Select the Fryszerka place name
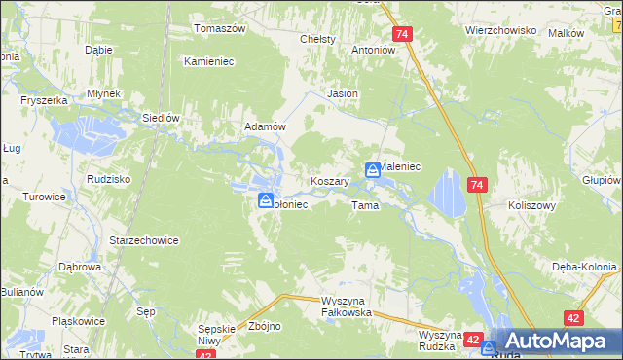[46, 100]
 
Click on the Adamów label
[264, 127]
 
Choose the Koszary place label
[329, 181]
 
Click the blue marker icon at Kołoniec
[265, 200]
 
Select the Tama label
[364, 206]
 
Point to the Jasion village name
[343, 93]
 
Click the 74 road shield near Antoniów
[404, 34]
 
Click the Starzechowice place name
[143, 240]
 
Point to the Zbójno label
[265, 327]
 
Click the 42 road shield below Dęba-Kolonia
[573, 318]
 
